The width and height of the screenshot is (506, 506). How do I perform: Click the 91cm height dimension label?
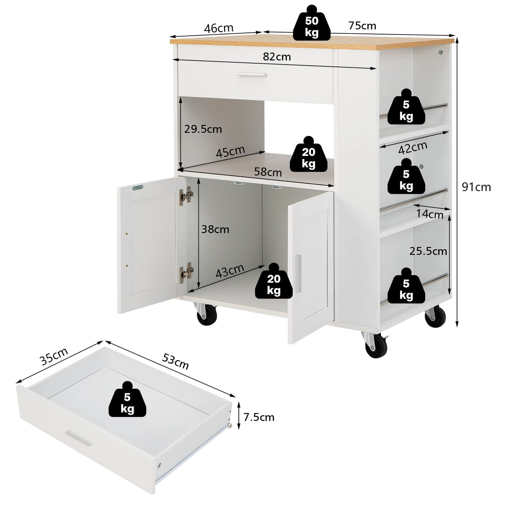click(x=476, y=187)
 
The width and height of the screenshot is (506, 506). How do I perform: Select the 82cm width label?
click(x=277, y=57)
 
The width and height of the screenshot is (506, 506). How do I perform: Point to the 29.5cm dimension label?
click(x=203, y=129)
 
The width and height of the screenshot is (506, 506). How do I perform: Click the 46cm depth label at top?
click(x=218, y=28)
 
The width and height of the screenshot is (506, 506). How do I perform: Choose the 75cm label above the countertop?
click(x=362, y=26)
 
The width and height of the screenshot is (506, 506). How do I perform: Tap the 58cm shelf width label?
click(x=268, y=171)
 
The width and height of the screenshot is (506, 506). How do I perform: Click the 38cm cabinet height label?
click(x=215, y=229)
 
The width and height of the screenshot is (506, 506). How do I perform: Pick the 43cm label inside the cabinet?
click(x=230, y=271)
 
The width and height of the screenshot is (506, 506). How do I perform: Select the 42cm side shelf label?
click(x=413, y=147)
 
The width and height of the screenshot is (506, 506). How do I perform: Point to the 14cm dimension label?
click(x=430, y=214)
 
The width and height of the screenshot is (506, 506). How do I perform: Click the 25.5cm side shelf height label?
click(x=428, y=251)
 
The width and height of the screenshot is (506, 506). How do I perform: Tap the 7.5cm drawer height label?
click(x=259, y=417)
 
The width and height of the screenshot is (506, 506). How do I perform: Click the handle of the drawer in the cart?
click(x=251, y=75)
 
